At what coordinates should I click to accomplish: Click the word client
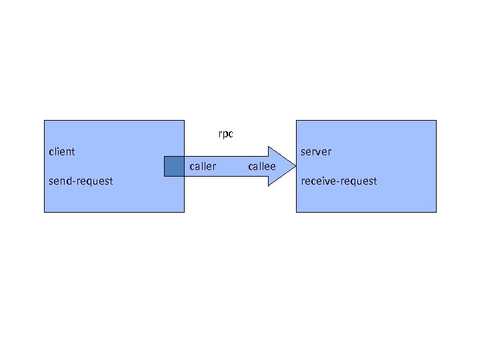point(62,151)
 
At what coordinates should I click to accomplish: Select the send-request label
point(81,181)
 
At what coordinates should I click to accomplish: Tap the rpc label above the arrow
point(226,134)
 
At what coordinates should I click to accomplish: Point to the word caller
point(203,166)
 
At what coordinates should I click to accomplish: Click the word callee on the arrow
point(261,166)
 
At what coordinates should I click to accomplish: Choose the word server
point(316,151)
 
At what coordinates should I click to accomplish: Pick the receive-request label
point(339,181)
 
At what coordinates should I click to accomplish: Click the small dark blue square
point(174,166)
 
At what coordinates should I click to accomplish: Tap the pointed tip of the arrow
point(295,166)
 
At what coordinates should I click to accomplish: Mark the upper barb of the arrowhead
point(269,147)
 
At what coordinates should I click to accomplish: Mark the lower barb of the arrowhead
point(269,185)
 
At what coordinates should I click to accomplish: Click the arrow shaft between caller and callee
point(232,166)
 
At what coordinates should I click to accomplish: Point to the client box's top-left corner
point(45,121)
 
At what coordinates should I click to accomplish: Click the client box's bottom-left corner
point(45,212)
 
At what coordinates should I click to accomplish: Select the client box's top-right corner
point(184,121)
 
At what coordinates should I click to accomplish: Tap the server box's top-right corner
point(436,121)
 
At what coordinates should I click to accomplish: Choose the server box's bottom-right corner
point(436,212)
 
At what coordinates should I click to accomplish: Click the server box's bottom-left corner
point(297,212)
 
